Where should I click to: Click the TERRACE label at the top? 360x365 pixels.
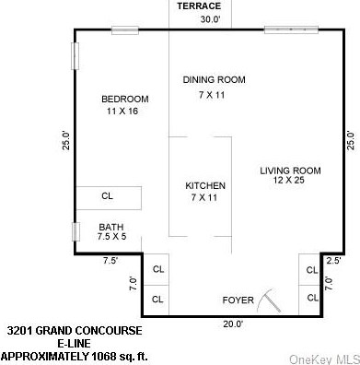199,6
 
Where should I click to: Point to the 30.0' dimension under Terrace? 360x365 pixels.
212,18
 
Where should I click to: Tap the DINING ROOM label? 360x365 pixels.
214,80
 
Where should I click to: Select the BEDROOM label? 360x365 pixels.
124,99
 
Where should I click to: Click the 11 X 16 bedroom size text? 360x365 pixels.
124,111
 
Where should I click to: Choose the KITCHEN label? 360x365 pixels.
205,185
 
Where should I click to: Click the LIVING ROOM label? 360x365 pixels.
289,170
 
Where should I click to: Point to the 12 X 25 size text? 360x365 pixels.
289,181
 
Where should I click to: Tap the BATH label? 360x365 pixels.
111,226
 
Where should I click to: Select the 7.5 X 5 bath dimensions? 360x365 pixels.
111,237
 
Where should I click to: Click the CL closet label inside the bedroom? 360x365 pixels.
107,195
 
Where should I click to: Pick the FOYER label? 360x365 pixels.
238,300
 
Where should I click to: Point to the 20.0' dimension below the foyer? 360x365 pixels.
231,324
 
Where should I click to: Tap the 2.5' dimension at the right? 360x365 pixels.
333,261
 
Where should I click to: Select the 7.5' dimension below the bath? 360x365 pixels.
110,261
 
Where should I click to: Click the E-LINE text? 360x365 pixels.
74,342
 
